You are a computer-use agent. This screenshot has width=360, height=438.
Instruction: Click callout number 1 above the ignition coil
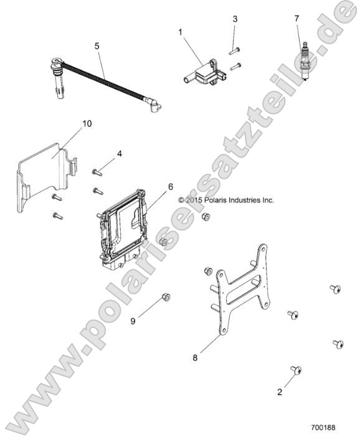point(181,31)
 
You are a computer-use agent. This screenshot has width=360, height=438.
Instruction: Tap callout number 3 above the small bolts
point(235,19)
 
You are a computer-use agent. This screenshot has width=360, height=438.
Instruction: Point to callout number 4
point(119,153)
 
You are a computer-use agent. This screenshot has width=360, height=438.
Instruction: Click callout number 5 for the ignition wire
point(97,45)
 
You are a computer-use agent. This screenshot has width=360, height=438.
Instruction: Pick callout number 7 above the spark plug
point(296,19)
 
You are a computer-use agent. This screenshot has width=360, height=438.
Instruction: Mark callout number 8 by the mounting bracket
point(195,358)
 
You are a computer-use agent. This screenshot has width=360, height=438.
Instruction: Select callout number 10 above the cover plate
point(87,123)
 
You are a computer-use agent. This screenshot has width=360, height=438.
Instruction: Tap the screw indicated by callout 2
point(296,371)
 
